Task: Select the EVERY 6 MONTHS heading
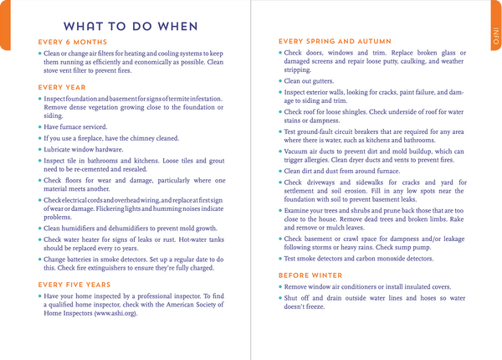pyautogui.click(x=73, y=42)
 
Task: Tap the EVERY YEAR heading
pyautogui.click(x=62, y=86)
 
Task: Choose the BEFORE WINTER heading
pyautogui.click(x=310, y=275)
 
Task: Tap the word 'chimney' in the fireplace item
pyautogui.click(x=153, y=136)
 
